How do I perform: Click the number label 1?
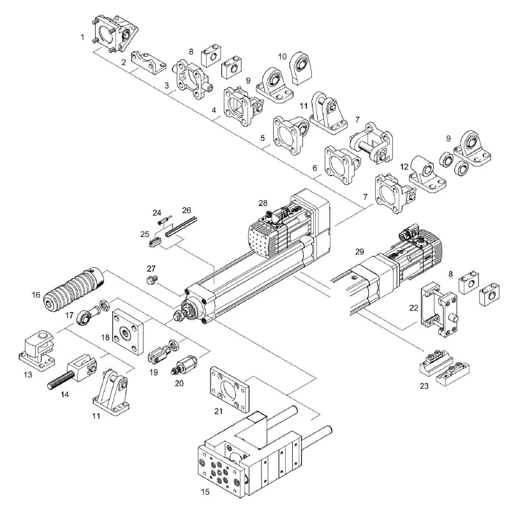(83, 38)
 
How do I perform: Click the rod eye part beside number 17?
(89, 315)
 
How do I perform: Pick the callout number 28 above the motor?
(262, 203)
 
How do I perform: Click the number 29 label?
(360, 252)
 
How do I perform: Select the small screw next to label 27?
(152, 281)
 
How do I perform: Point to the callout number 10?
(282, 56)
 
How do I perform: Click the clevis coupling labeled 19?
(164, 349)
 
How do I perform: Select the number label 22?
(413, 307)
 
